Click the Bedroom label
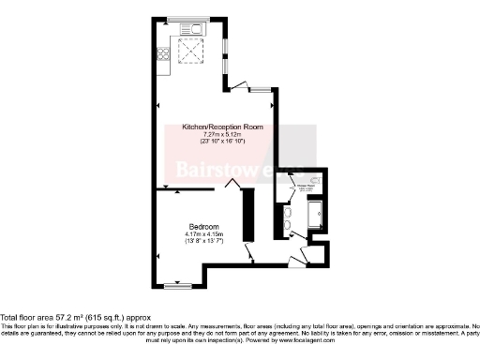click(204, 227)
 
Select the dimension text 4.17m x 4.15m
click(204, 235)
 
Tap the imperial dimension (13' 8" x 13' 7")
click(204, 243)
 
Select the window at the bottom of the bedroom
click(177, 284)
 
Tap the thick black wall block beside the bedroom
click(248, 214)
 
